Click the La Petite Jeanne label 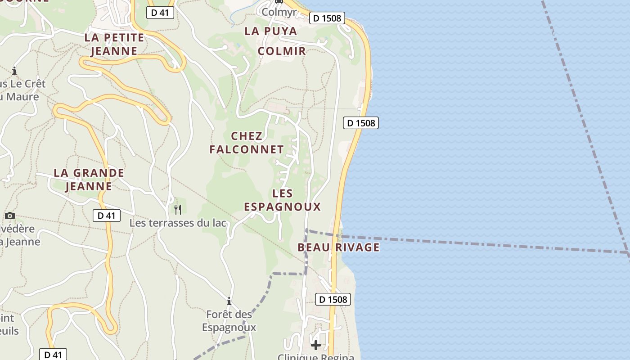(114, 44)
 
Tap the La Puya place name (271, 31)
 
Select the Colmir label (282, 51)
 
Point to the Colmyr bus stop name (279, 12)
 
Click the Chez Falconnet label (247, 143)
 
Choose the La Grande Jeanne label (89, 179)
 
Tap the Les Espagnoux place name (282, 200)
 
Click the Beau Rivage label (338, 247)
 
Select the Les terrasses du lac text (178, 223)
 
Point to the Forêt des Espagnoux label (229, 320)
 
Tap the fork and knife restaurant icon (178, 209)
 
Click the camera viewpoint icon (10, 216)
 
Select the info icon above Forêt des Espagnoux (229, 301)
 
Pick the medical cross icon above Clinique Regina (316, 345)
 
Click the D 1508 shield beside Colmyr (327, 18)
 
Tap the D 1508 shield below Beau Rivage (333, 299)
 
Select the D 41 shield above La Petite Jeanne (160, 13)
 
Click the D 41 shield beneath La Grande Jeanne (107, 216)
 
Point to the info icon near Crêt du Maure (14, 71)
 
